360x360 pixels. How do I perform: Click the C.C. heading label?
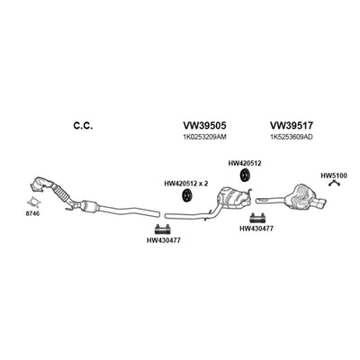83,126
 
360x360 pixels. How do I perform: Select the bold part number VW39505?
204,125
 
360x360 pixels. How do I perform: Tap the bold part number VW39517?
292,125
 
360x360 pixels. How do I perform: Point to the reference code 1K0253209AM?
204,137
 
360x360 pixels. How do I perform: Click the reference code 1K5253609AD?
292,137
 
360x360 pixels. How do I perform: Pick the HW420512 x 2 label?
186,184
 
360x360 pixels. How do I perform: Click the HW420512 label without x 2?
245,164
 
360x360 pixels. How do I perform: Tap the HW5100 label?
334,175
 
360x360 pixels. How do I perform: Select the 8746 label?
32,213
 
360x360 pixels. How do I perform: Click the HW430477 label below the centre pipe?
164,240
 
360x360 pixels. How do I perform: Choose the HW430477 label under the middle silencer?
256,229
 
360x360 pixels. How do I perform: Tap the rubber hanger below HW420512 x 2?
187,196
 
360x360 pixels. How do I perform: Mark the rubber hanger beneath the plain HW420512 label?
246,175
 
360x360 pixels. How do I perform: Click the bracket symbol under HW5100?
334,182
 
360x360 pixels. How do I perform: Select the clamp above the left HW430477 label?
162,229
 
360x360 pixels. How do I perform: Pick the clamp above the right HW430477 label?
257,218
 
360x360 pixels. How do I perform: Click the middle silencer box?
231,197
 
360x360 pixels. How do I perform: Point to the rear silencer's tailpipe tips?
319,204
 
